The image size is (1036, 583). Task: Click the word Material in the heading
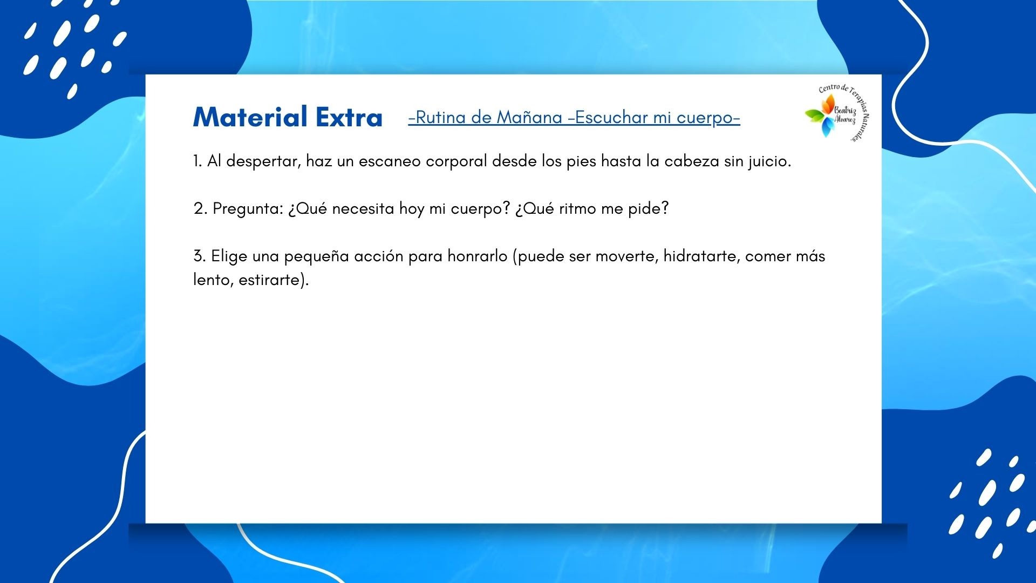(250, 117)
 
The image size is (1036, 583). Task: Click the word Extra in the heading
(349, 117)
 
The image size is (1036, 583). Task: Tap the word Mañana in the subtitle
(529, 117)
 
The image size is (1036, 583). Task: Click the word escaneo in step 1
(390, 161)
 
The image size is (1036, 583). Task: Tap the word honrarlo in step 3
(478, 256)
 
